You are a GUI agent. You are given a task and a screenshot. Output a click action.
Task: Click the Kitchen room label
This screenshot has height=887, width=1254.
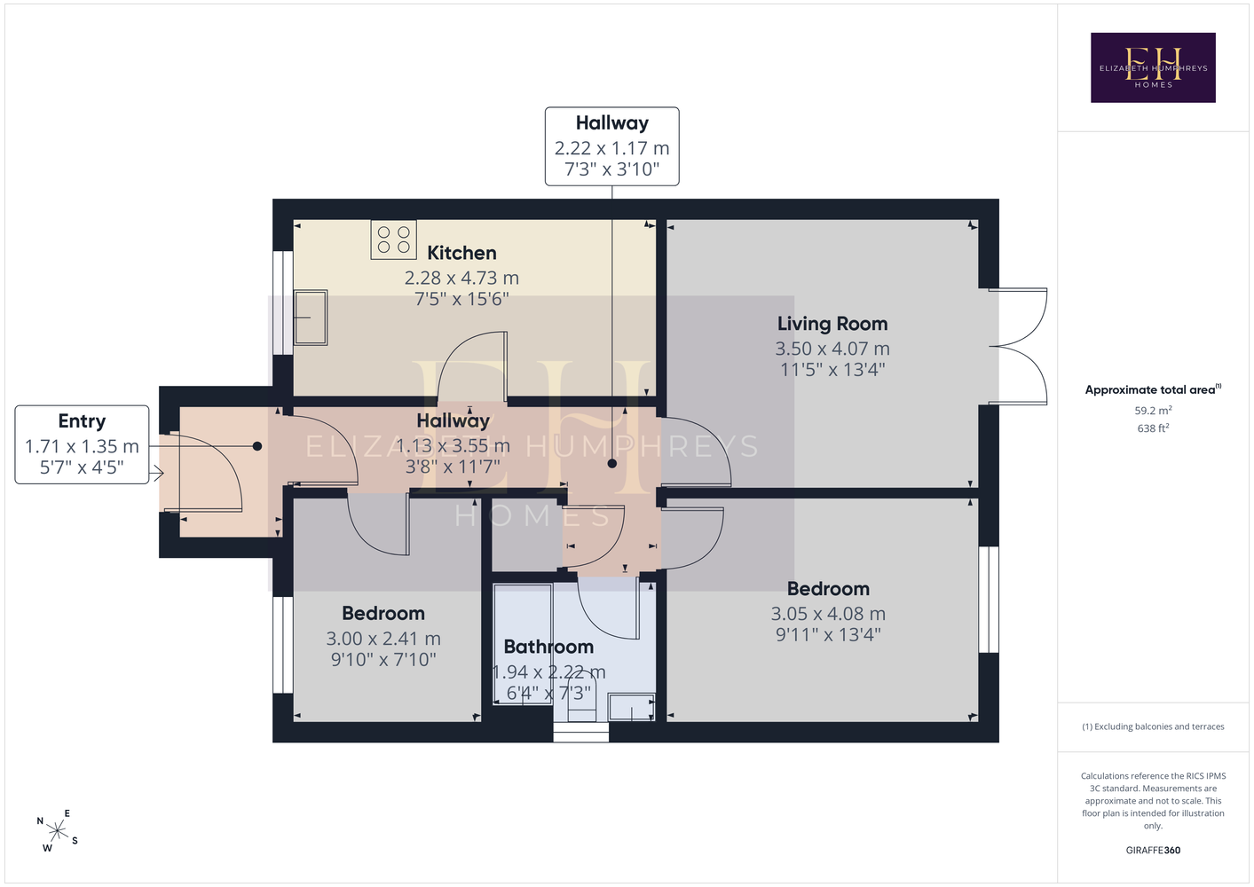(x=461, y=253)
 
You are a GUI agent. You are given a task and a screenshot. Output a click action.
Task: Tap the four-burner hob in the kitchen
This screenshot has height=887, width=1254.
(x=393, y=239)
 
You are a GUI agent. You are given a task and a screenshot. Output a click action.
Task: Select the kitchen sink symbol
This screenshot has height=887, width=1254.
(x=310, y=318)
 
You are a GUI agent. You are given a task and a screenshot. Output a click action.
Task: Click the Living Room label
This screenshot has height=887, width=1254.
(x=832, y=324)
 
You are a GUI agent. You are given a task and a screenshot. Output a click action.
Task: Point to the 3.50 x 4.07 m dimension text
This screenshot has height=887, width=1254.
(x=832, y=349)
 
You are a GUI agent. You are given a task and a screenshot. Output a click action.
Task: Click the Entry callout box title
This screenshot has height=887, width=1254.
(x=82, y=420)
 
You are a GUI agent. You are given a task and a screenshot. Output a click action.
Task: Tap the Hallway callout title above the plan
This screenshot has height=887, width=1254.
(x=611, y=122)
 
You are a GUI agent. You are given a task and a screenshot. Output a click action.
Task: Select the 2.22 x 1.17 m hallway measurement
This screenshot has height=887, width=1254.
(x=611, y=148)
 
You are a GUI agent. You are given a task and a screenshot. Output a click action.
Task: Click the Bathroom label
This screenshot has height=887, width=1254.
(x=548, y=647)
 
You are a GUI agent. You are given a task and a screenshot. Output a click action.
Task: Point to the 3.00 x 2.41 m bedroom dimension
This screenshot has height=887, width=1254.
(x=383, y=639)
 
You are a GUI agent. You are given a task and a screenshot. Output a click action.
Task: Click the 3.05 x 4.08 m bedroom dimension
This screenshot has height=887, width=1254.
(x=828, y=614)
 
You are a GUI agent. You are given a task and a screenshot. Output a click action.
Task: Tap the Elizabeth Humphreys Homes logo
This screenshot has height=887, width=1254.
(x=1153, y=67)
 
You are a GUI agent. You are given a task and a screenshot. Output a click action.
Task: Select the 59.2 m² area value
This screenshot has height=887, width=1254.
(x=1153, y=410)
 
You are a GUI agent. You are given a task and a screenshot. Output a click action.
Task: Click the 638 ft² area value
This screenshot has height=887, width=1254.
(x=1153, y=428)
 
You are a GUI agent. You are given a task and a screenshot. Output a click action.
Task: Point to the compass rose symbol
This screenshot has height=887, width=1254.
(x=57, y=831)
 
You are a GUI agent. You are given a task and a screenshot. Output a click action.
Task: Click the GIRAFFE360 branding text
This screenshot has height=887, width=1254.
(x=1153, y=850)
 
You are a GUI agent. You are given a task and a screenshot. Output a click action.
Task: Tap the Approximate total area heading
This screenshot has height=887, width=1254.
(x=1153, y=389)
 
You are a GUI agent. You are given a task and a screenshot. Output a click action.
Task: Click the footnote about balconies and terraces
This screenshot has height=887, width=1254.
(x=1153, y=726)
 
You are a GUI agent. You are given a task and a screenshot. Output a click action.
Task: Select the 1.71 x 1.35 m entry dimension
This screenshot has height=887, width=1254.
(x=82, y=446)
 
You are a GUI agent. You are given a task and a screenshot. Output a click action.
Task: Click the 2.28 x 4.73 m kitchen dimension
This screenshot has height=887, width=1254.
(x=461, y=279)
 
